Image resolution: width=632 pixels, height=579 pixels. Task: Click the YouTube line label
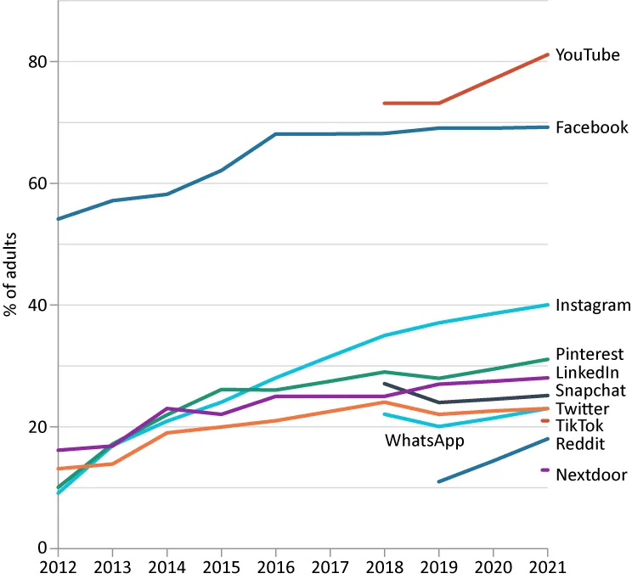point(587,55)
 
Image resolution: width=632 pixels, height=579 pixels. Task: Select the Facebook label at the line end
point(591,127)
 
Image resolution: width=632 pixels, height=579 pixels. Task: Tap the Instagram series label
point(593,306)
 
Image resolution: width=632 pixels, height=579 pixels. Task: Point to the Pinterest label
point(590,354)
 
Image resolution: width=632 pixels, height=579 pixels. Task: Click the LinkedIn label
point(587,372)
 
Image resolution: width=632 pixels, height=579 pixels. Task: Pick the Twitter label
point(582,409)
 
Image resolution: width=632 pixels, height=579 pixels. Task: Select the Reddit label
point(579,443)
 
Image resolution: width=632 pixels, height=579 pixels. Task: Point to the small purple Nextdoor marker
point(545,469)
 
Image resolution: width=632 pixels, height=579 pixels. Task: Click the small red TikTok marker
point(545,420)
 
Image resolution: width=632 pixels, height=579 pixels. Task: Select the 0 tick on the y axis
point(43,548)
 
